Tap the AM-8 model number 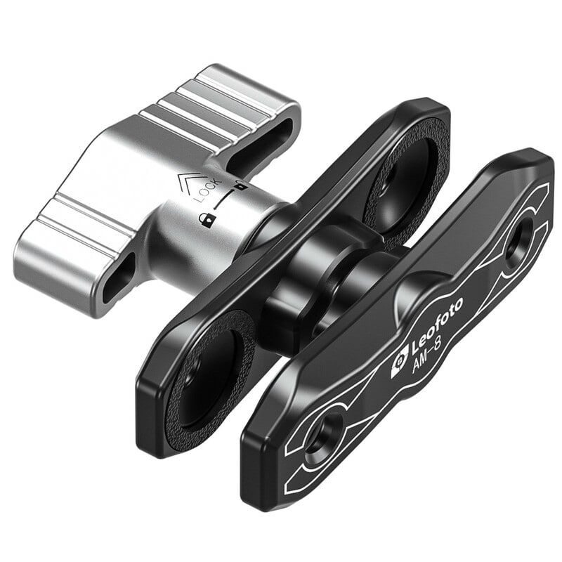coord(427,358)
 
